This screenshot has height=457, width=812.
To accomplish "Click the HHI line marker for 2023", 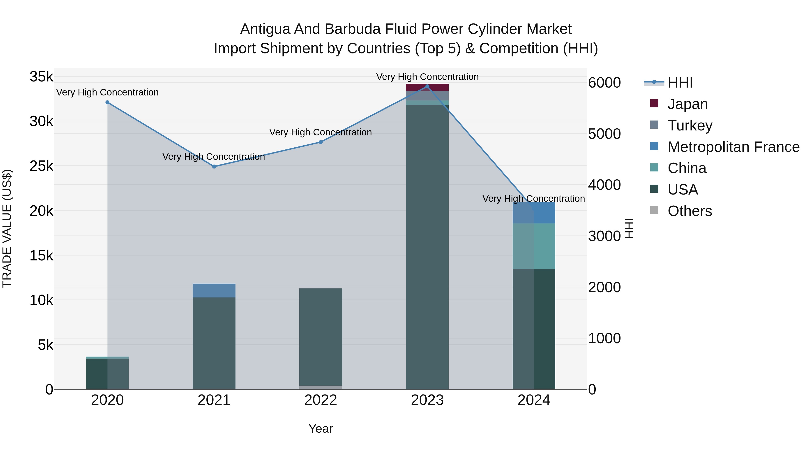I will (427, 86).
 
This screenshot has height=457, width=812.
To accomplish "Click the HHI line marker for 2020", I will (108, 102).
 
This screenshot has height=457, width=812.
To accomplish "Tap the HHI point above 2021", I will (214, 167).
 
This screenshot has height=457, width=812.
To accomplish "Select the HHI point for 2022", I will (321, 142).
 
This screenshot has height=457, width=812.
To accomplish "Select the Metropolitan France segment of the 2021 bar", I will (214, 290).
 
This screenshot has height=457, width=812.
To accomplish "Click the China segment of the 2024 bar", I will (534, 246).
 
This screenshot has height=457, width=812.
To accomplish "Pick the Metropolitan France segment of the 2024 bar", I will (534, 213).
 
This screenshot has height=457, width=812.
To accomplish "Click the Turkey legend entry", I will (690, 125).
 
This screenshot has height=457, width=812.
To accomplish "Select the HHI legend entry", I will (680, 83).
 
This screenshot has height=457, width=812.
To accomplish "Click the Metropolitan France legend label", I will (734, 147).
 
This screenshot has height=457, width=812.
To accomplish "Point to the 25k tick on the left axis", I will (42, 166).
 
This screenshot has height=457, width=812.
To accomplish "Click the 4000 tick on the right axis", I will (604, 185).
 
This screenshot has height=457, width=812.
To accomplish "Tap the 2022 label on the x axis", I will (321, 400).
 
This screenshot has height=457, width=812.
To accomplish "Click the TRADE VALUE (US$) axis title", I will (7, 228).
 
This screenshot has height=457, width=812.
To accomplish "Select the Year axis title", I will (321, 429).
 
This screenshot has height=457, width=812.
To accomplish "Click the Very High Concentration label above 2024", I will (534, 199).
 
